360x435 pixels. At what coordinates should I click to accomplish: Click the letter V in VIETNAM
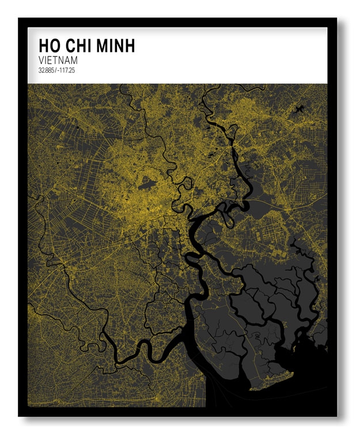(41, 60)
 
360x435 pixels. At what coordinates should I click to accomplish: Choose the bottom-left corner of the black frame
(19, 415)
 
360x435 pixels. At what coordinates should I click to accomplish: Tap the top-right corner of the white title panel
(327, 28)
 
